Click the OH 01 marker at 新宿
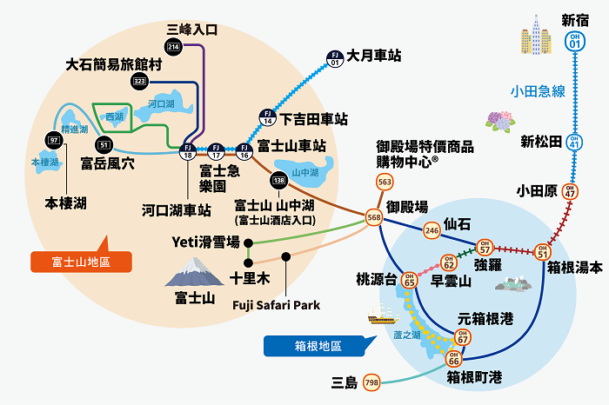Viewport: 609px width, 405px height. tap(574, 40)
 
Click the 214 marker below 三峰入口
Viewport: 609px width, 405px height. tap(174, 46)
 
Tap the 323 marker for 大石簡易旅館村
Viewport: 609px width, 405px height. tap(140, 81)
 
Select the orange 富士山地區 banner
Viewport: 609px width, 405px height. tap(80, 261)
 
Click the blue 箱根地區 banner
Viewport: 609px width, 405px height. tap(308, 345)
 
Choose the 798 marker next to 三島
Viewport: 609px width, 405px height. tap(371, 382)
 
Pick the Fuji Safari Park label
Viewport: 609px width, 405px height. tap(278, 305)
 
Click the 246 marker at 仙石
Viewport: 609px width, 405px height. tap(432, 230)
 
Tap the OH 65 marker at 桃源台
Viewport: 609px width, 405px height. tap(409, 280)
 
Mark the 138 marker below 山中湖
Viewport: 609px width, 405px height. tap(279, 181)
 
